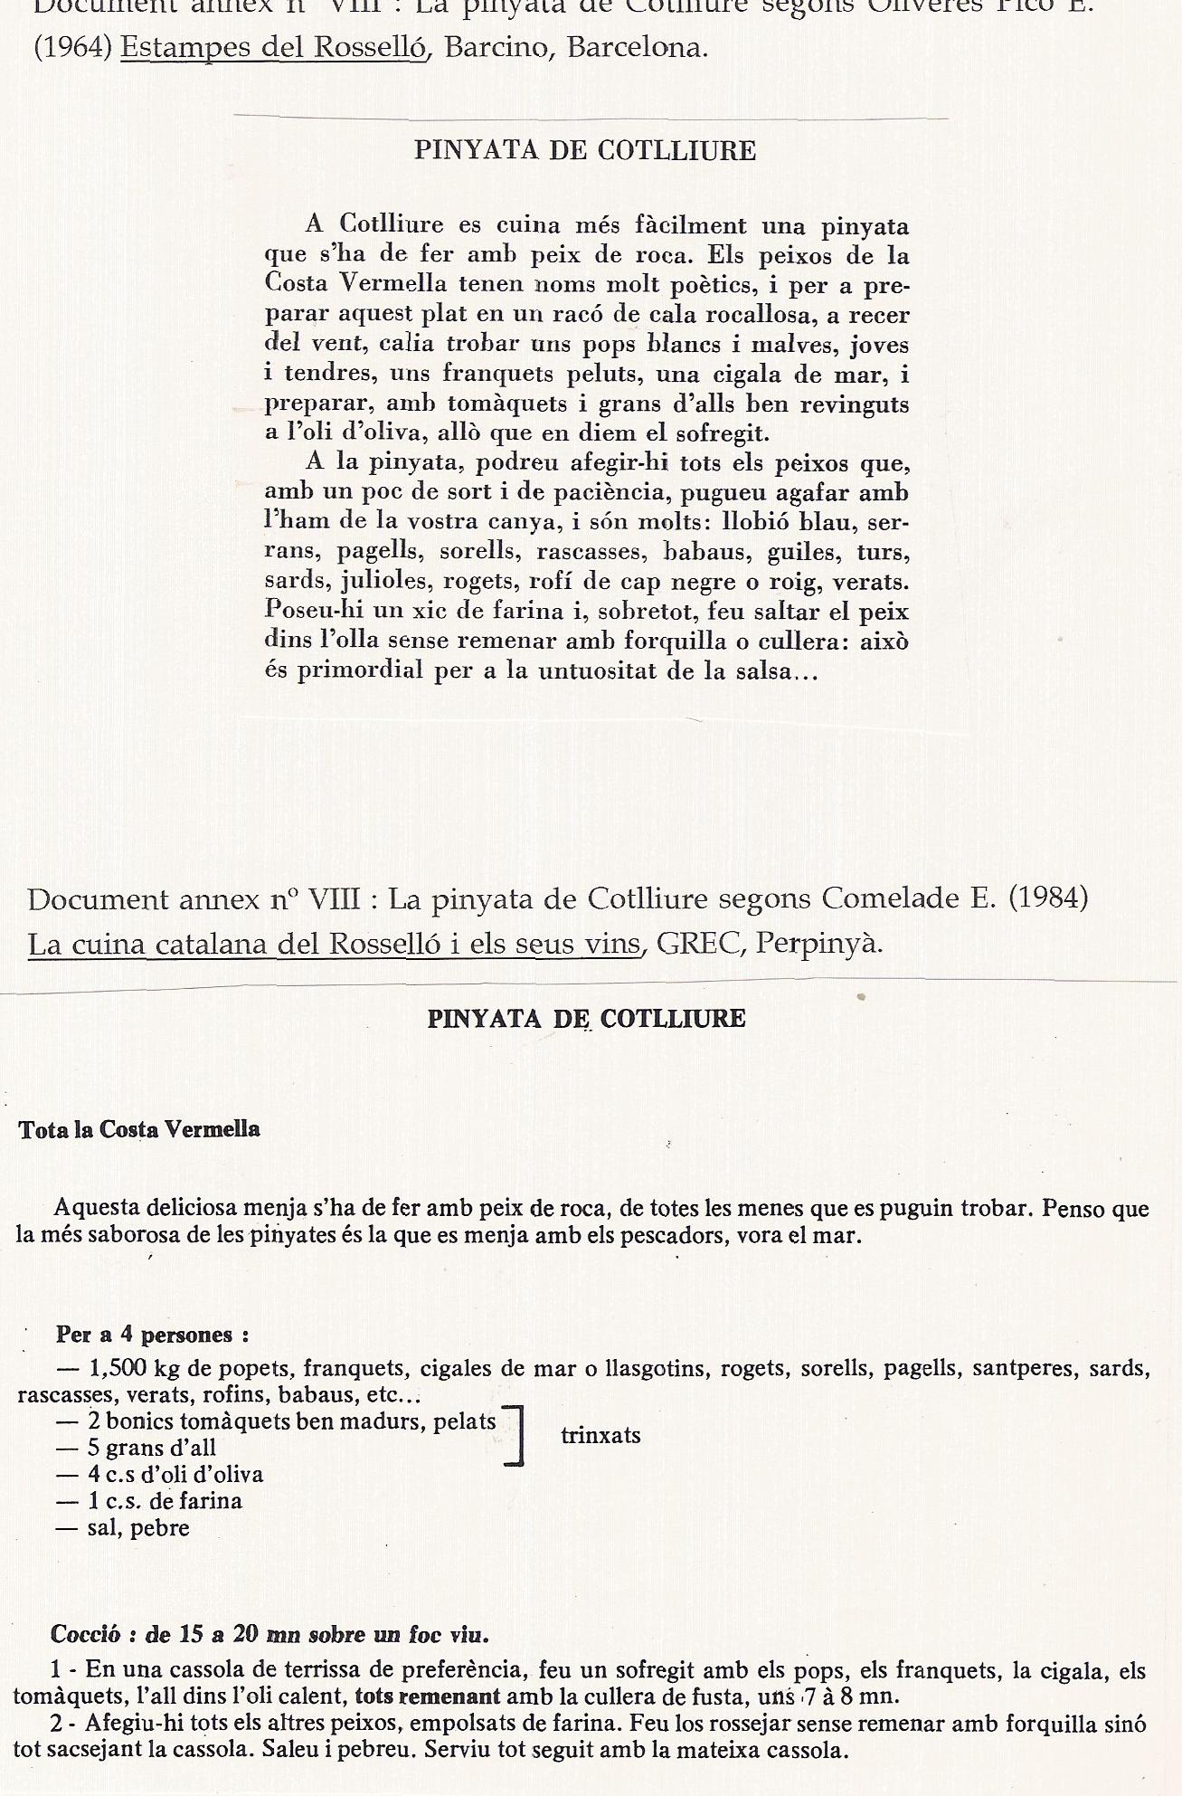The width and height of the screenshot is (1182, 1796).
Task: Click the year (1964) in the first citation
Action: coord(72,48)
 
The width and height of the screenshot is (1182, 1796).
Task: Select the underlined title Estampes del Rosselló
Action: coord(272,48)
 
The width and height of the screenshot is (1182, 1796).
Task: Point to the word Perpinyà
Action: coord(818,944)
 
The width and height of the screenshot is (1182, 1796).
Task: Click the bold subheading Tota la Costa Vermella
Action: coord(139,1129)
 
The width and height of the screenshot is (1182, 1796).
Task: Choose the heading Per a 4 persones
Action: coord(152,1335)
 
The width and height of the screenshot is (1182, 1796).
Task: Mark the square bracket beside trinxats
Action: coord(516,1435)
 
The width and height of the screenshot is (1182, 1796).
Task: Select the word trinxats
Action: coord(600,1435)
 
